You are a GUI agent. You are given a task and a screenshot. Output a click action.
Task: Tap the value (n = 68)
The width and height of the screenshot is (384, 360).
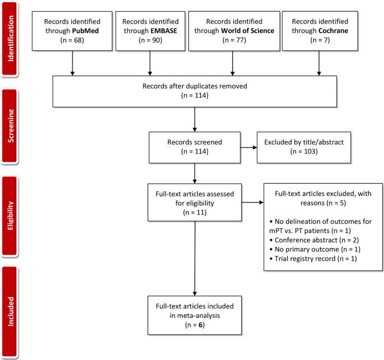pyautogui.click(x=72, y=40)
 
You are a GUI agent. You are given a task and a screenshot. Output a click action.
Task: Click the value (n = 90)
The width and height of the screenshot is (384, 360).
pyautogui.click(x=150, y=40)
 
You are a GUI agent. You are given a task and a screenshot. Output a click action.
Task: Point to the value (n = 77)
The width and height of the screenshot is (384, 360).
pyautogui.click(x=230, y=40)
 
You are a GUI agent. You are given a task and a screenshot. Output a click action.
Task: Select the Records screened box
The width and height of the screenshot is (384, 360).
pyautogui.click(x=195, y=148)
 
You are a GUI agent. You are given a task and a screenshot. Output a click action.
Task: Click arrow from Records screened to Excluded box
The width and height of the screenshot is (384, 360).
pyautogui.click(x=248, y=148)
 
